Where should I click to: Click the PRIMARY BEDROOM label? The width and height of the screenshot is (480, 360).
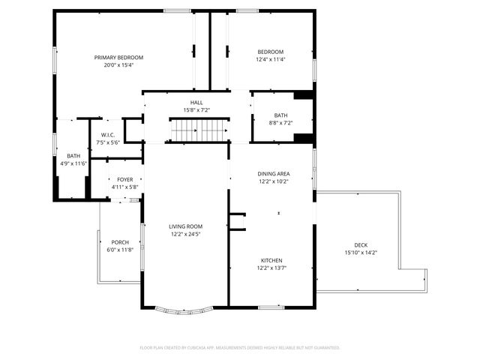coord(118,58)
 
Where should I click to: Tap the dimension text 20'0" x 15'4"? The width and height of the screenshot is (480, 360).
coord(118,65)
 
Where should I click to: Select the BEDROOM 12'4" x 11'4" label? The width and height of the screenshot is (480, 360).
coord(271,52)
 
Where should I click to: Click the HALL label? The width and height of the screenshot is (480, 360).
coord(196,103)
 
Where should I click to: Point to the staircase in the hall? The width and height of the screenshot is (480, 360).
coord(198,131)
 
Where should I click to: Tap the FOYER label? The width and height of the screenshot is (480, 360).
coord(124,180)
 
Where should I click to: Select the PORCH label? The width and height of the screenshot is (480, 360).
coord(120,242)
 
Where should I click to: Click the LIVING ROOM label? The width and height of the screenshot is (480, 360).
coord(184,226)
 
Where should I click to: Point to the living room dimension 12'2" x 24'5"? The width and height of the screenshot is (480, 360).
coord(184,234)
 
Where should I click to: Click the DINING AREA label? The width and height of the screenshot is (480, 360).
coord(273,173)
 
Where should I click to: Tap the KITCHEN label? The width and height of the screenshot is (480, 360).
coord(273,260)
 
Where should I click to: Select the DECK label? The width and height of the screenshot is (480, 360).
coord(361,245)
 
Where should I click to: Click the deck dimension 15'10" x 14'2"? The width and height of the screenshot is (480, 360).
coord(361,253)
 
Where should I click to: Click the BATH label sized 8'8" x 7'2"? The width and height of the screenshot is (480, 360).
coord(280,115)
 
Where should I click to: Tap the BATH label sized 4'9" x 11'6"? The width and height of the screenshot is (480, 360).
coord(73,155)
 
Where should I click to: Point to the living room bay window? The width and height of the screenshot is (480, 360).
coord(184,310)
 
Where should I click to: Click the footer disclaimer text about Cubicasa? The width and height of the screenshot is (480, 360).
coord(240,347)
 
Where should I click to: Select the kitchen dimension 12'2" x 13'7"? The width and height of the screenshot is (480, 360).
coord(273,268)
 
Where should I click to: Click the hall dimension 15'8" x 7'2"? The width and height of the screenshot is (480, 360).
coord(196,110)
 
